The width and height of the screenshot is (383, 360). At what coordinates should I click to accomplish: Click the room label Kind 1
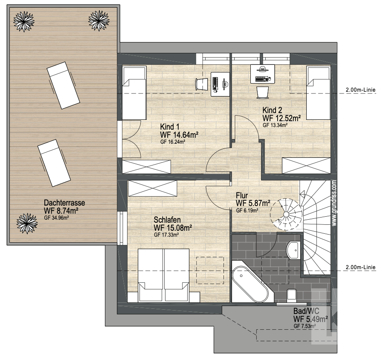click(169, 127)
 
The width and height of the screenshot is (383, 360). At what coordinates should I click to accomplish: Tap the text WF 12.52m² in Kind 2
click(281, 118)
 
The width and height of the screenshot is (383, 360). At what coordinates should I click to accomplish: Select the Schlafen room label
click(167, 220)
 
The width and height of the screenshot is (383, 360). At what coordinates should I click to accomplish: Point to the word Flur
click(242, 195)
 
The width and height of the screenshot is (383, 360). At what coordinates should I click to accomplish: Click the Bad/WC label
click(306, 311)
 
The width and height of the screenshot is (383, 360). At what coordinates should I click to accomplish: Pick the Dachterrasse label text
click(64, 203)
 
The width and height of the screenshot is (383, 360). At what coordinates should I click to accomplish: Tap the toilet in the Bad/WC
click(292, 295)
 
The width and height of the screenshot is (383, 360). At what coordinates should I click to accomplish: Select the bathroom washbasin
click(293, 250)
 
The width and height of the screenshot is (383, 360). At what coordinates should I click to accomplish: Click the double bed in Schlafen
click(163, 276)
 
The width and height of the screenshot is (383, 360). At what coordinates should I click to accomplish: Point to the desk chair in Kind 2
click(263, 93)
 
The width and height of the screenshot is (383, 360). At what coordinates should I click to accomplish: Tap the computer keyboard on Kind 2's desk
click(261, 79)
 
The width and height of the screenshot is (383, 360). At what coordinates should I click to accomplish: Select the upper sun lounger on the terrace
click(63, 85)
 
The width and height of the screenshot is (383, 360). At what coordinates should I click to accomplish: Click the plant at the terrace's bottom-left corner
click(27, 224)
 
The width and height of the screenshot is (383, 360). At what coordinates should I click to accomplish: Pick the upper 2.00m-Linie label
click(360, 90)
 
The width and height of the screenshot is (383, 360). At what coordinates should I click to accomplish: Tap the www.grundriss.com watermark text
click(334, 203)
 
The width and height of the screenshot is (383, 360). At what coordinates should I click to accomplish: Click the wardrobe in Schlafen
click(152, 188)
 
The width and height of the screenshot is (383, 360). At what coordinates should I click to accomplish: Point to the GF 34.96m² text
click(56, 218)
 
